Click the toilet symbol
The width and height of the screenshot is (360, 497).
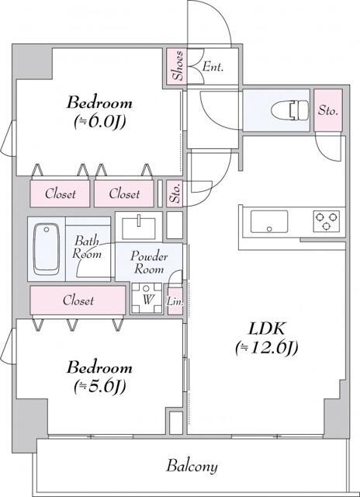click(290, 110)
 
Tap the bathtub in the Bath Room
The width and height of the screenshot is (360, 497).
click(47, 249)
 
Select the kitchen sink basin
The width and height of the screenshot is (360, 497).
click(269, 221)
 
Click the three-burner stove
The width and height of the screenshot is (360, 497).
click(327, 221)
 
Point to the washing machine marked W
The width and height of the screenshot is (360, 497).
click(147, 298)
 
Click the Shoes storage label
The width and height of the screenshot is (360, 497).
click(178, 65)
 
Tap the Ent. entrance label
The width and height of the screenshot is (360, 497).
click(213, 67)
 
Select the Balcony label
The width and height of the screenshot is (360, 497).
click(192, 467)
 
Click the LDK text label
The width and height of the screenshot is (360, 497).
click(266, 329)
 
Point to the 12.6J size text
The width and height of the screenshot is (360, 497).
click(266, 348)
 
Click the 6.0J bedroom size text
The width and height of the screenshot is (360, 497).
click(100, 122)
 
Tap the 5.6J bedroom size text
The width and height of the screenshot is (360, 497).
click(100, 386)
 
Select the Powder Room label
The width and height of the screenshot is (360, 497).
click(149, 262)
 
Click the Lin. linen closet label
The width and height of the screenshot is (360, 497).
click(175, 302)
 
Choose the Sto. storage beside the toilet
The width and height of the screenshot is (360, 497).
click(328, 110)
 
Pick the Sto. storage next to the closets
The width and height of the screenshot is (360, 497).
click(175, 193)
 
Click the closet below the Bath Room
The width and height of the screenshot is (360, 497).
click(78, 301)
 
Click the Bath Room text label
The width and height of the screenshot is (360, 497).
click(87, 248)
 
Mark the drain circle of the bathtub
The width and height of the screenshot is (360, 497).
click(47, 230)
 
